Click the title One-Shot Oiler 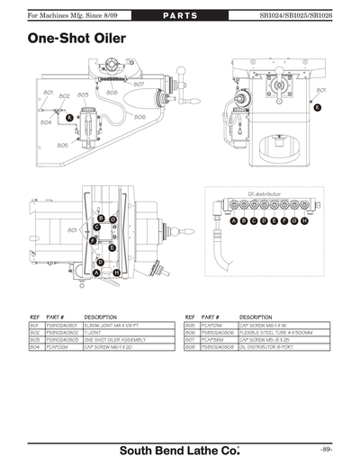(x=76, y=40)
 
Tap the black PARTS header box (x=179, y=15)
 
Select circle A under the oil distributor (x=234, y=220)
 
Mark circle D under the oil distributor (x=265, y=220)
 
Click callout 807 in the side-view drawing (x=139, y=84)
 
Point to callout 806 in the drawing (x=140, y=116)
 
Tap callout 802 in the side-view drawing (x=65, y=95)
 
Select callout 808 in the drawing (x=112, y=92)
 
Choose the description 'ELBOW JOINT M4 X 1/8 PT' (x=113, y=325)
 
